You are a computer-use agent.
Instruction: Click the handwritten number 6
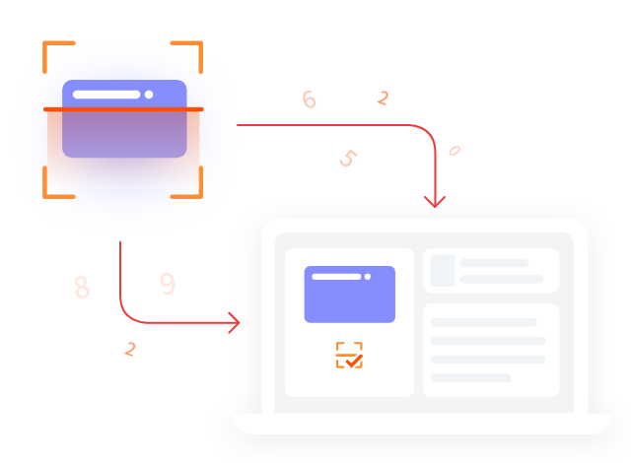point(309,99)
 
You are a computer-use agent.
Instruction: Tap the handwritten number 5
point(347,158)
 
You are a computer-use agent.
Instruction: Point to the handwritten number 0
point(455,151)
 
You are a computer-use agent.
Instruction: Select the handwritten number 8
point(81,287)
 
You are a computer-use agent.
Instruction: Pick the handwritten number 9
point(168,284)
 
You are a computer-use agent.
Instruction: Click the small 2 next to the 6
point(383,98)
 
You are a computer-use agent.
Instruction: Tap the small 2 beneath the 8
point(130,349)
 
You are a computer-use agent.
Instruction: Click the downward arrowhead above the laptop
point(435,201)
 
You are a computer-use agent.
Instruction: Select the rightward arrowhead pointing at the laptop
point(234,322)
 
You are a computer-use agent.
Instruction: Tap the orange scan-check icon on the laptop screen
point(349,356)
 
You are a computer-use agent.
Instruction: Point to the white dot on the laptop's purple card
point(368,277)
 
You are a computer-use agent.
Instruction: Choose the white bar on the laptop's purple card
point(336,277)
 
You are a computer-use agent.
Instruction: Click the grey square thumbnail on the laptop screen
point(443,271)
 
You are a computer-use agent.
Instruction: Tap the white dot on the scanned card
point(149,95)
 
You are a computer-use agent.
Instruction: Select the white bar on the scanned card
point(106,95)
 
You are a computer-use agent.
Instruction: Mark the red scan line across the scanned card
point(124,109)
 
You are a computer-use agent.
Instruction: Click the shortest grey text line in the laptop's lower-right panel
point(471,377)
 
